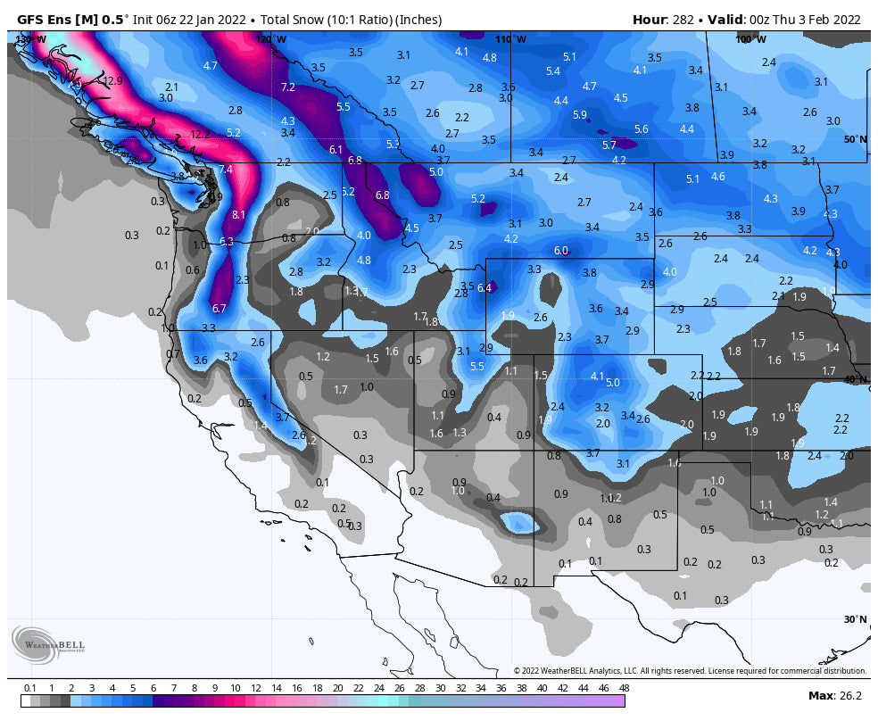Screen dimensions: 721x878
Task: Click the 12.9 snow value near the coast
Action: pos(112,80)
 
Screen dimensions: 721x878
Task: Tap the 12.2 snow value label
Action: pos(200,135)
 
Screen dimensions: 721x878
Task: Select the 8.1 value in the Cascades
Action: pos(238,215)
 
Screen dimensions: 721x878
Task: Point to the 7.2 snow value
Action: pos(287,87)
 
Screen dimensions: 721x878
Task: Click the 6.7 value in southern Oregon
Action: pos(220,309)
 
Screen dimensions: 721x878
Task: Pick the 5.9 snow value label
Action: pos(580,115)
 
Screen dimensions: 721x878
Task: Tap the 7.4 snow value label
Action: pos(226,170)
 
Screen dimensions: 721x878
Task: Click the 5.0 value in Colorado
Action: pos(612,382)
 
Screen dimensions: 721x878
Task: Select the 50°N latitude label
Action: pos(856,139)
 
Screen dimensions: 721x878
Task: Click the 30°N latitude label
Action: pos(856,619)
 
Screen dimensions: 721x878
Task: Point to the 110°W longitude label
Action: pos(511,39)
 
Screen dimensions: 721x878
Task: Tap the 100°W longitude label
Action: pos(750,39)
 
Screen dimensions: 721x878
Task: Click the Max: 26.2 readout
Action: pos(834,695)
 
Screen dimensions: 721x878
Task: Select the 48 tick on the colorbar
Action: pos(624,688)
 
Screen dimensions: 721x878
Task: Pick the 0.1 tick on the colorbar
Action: pos(30,688)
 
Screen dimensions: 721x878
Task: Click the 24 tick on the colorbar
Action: pos(378,688)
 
